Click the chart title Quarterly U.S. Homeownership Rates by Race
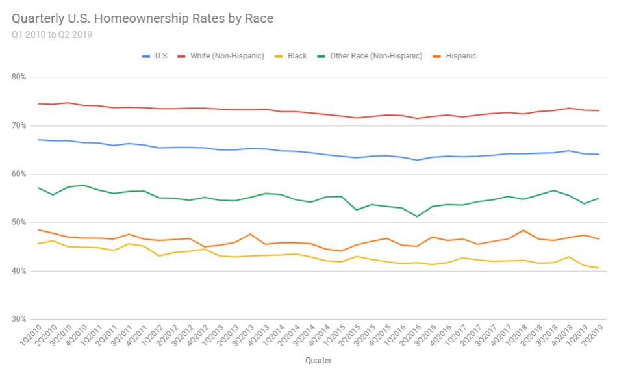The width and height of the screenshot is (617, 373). [142, 19]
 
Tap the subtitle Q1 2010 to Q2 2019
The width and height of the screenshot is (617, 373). [52, 35]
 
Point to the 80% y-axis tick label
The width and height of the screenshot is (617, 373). [18, 77]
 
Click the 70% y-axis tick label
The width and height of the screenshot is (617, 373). [18, 125]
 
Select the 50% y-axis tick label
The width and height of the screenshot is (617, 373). [18, 222]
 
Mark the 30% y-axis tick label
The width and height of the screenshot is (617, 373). [18, 319]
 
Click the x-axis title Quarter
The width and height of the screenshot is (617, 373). [318, 359]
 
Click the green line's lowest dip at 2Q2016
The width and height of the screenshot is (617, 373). [417, 216]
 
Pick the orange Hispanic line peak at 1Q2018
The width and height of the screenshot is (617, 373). [523, 230]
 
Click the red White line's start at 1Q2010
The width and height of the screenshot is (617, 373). [38, 103]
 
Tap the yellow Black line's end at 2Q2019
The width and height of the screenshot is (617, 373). [598, 268]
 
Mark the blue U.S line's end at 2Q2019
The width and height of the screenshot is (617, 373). [598, 154]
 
